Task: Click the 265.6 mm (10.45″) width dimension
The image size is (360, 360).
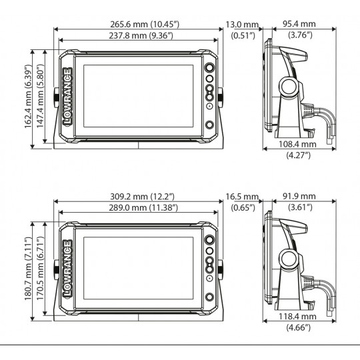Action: point(145,25)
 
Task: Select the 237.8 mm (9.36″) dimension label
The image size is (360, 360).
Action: point(141,36)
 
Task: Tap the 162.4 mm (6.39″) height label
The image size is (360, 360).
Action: point(28,97)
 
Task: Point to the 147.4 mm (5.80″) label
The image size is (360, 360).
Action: point(40,96)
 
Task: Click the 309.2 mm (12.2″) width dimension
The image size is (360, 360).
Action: point(143,197)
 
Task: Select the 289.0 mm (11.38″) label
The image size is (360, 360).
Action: point(143,208)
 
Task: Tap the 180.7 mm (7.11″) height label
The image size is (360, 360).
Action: point(28,269)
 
